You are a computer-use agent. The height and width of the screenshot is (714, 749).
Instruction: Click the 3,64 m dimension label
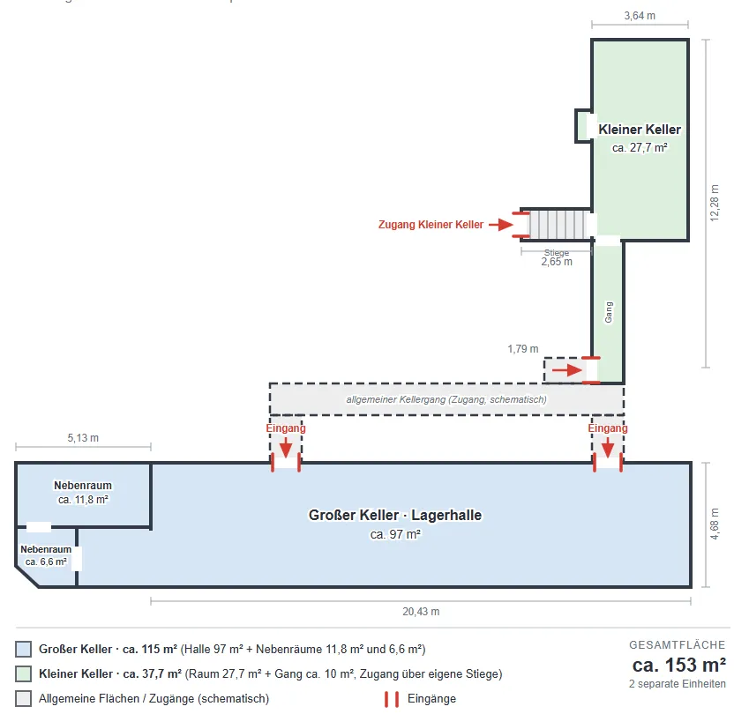[640, 16]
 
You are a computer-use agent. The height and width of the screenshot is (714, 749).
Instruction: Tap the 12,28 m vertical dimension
[714, 203]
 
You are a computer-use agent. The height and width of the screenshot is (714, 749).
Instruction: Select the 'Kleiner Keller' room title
[640, 130]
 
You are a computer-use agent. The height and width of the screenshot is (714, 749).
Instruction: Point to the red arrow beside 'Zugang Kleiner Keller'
[500, 224]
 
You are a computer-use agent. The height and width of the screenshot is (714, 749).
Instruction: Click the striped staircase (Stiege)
[558, 224]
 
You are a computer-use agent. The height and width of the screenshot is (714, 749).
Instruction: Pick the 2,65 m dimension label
[557, 262]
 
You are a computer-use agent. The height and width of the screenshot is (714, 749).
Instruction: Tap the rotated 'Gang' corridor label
[609, 312]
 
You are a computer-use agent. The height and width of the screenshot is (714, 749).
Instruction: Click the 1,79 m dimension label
[523, 349]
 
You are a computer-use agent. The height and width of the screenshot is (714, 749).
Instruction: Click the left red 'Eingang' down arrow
[286, 449]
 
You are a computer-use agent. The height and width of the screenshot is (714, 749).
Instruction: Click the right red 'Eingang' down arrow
[608, 449]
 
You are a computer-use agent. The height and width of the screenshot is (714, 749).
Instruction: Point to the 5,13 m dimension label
[83, 438]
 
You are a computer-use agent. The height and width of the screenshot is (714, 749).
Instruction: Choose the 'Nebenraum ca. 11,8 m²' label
[83, 493]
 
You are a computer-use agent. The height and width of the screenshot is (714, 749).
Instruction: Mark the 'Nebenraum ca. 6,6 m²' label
[46, 555]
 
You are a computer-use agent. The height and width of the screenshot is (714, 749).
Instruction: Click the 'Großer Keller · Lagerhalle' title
[395, 516]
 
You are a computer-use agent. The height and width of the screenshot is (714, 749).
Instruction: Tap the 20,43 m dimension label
[421, 612]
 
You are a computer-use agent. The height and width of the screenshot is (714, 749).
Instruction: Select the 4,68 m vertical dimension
[715, 524]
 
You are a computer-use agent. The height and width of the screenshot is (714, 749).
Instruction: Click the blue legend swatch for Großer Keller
[24, 649]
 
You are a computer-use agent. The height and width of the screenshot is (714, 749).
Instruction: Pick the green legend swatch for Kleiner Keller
[24, 674]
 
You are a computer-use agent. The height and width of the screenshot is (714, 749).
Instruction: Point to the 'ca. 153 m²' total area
[678, 665]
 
